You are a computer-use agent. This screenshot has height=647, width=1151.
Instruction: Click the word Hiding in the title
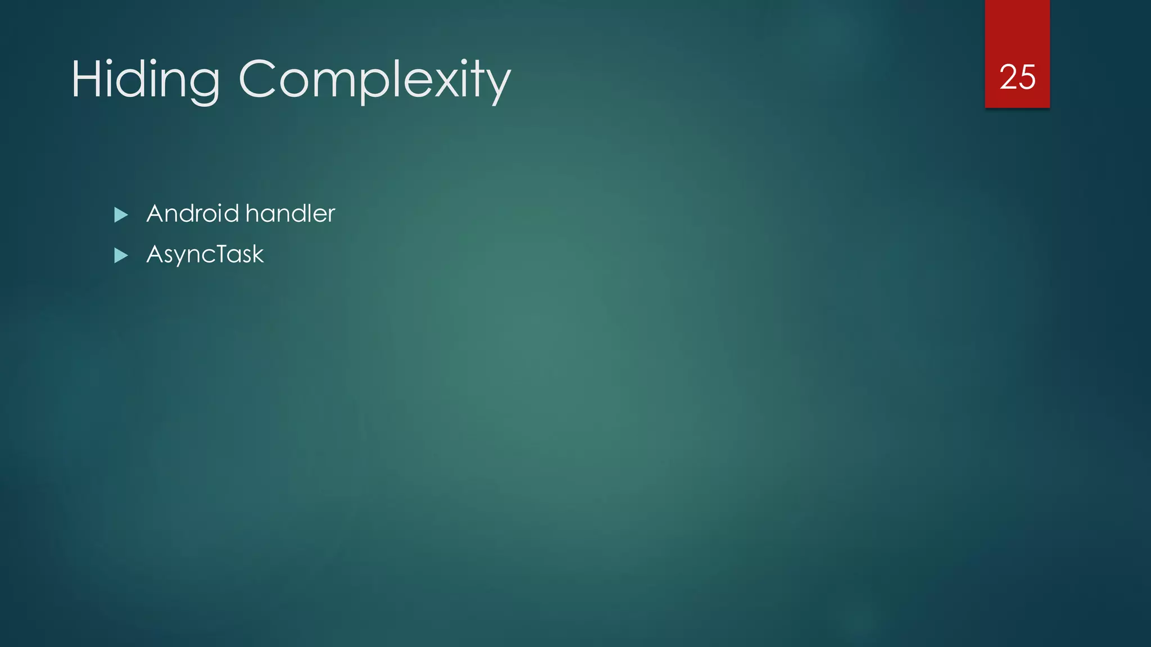pyautogui.click(x=145, y=80)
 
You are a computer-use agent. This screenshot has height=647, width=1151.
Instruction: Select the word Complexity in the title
pyautogui.click(x=374, y=80)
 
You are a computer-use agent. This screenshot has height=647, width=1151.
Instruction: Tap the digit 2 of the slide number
pyautogui.click(x=1008, y=77)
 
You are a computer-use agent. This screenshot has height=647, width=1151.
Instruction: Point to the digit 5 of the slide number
pyautogui.click(x=1027, y=77)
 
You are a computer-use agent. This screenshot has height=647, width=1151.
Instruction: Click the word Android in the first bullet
pyautogui.click(x=193, y=213)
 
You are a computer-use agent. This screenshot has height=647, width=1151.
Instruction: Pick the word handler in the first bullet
pyautogui.click(x=290, y=213)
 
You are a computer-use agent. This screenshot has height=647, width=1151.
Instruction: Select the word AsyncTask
pyautogui.click(x=205, y=254)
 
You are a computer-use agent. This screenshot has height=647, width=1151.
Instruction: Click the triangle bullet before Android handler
pyautogui.click(x=121, y=215)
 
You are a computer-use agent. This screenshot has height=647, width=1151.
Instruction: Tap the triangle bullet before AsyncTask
pyautogui.click(x=121, y=256)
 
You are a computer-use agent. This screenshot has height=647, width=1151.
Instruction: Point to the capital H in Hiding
pyautogui.click(x=84, y=79)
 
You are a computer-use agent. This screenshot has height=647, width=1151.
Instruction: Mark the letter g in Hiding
pyautogui.click(x=202, y=84)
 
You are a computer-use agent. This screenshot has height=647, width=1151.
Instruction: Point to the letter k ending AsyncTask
pyautogui.click(x=257, y=254)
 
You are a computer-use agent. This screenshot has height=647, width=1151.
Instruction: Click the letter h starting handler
pyautogui.click(x=252, y=213)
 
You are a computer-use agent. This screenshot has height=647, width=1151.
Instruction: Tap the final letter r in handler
pyautogui.click(x=331, y=215)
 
